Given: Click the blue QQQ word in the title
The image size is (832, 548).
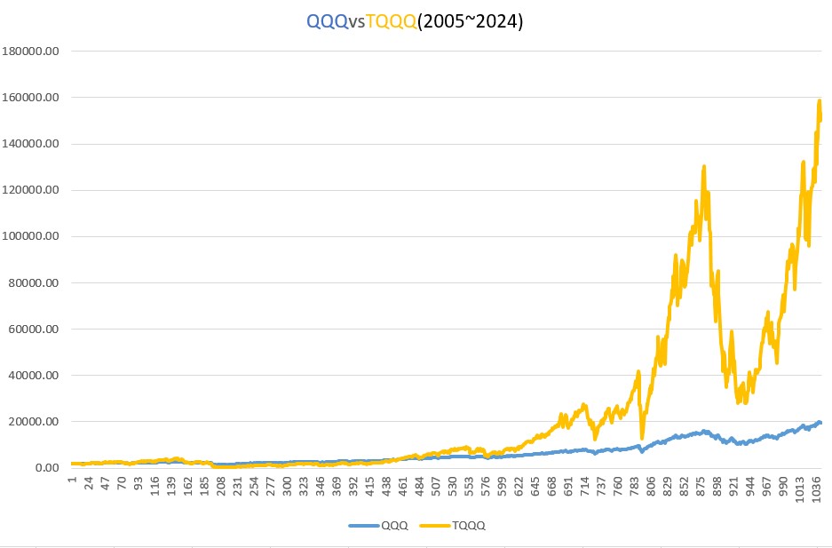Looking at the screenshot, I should point(328,22).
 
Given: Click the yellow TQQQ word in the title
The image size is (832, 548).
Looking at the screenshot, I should point(392,22).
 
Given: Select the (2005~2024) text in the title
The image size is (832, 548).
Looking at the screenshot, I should point(471,22).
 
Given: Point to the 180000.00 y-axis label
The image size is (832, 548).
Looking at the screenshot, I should point(31,52).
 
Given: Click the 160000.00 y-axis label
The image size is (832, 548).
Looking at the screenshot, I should point(31,98).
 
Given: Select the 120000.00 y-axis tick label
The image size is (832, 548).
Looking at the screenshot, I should point(31,190).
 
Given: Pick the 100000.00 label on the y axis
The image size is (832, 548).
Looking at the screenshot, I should point(31,236).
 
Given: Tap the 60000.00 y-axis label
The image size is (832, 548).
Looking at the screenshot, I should point(34,329).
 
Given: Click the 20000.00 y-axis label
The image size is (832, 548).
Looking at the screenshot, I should point(34,422).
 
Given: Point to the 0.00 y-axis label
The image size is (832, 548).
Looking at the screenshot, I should point(45,468).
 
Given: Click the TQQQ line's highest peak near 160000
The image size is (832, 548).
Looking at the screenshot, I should point(819,100).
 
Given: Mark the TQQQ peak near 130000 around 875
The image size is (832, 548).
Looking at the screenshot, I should point(703,166).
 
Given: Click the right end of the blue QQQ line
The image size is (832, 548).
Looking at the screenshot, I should point(820,423).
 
